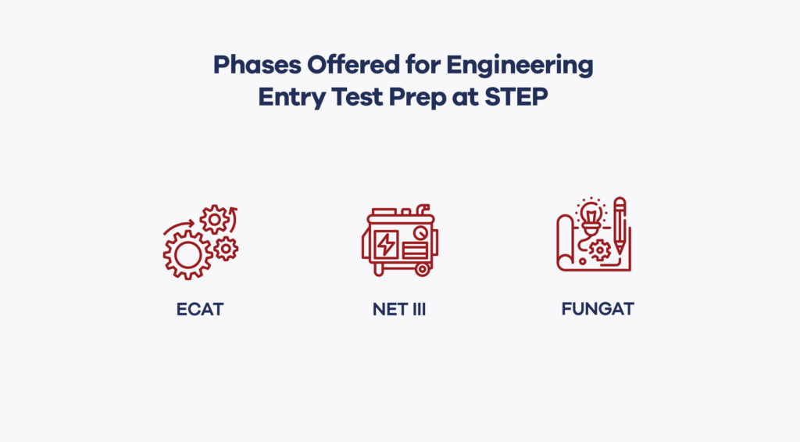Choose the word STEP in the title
tap(516, 96)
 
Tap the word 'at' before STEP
tap(465, 97)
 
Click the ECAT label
tap(200, 309)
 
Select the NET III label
tap(399, 309)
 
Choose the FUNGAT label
tap(598, 309)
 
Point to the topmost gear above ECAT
tap(215, 220)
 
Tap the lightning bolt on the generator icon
tap(386, 245)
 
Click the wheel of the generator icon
tap(422, 269)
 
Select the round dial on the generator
tap(421, 233)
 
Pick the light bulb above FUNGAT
tap(591, 217)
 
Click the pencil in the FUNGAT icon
tap(620, 225)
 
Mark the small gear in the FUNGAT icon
tap(599, 250)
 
